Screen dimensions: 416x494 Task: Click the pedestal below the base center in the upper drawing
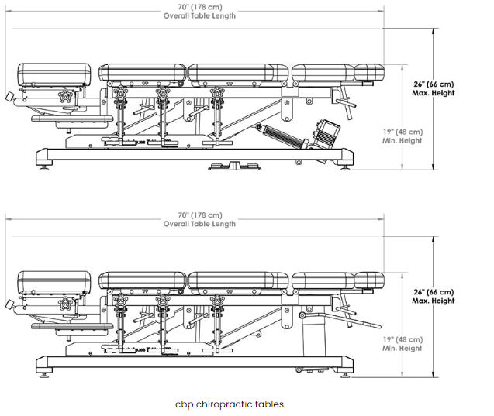tap(233, 165)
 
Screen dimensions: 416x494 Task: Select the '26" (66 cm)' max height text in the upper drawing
tap(434, 84)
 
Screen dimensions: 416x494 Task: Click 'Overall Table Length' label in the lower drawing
tap(199, 224)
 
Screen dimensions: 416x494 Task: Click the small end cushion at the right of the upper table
tap(369, 73)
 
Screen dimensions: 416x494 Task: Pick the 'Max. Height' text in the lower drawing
tap(434, 301)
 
